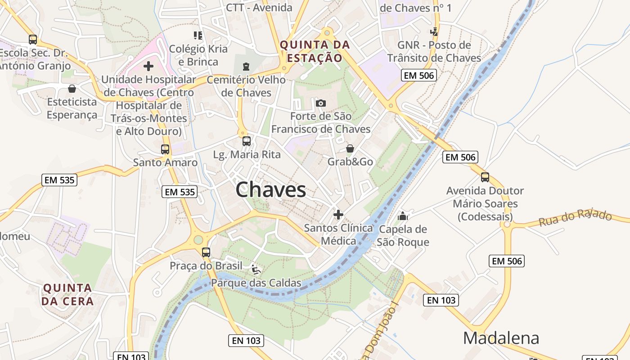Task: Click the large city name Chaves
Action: pos(270,189)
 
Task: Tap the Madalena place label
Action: pos(501,338)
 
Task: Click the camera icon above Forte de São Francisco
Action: pos(321,103)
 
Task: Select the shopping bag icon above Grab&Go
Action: pos(350,148)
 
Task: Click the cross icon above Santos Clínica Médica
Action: pos(338,215)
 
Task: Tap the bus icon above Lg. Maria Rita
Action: pos(246,141)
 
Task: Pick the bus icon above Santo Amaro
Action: pos(165,149)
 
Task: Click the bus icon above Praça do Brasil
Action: pos(206,252)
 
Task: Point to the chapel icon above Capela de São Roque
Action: pos(402,216)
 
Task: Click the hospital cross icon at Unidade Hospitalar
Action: pos(148,67)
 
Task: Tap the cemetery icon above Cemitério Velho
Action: pos(246,67)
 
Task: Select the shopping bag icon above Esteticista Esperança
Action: pos(72,89)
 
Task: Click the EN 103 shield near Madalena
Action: pos(441,300)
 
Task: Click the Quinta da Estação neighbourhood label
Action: pos(315,51)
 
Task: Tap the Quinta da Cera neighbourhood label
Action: pos(67,295)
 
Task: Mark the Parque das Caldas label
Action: pos(256,283)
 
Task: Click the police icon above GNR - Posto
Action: pos(434,32)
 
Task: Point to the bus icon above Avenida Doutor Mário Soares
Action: pos(485,177)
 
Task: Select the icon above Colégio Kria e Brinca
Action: pos(198,35)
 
